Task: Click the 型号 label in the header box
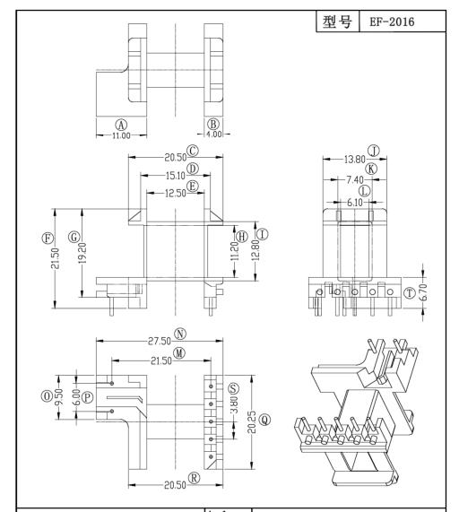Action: [x=342, y=20]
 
